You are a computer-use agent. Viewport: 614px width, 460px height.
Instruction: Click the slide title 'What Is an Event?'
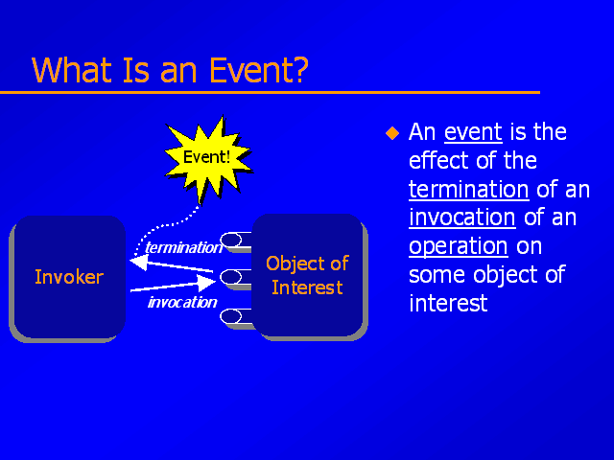tap(170, 70)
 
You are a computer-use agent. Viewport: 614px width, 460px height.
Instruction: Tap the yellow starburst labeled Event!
tap(207, 158)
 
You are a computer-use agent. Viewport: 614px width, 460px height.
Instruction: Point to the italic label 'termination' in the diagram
tap(183, 247)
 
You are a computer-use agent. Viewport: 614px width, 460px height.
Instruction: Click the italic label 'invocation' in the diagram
tap(182, 302)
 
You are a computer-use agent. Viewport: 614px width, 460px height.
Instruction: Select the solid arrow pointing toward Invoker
tap(171, 264)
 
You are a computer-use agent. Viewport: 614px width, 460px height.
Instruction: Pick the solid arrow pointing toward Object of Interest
tap(173, 285)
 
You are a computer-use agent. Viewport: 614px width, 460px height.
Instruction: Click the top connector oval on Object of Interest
tap(231, 240)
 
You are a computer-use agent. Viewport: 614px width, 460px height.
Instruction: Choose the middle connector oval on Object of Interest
tap(231, 277)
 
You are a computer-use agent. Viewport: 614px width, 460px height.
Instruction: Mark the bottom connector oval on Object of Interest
tap(231, 316)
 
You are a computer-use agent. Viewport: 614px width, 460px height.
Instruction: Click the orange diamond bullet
tap(392, 133)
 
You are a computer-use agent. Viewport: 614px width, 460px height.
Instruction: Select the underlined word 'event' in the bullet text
tap(473, 132)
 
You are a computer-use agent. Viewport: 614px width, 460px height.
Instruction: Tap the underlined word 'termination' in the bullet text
tap(469, 190)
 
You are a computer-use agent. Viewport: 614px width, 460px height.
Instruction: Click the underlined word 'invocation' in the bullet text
tap(462, 218)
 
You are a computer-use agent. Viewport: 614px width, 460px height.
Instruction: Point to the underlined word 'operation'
tap(459, 247)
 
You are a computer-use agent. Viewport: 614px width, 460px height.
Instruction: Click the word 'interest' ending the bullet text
tap(448, 303)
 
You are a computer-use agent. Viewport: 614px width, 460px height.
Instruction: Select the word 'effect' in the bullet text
tap(438, 160)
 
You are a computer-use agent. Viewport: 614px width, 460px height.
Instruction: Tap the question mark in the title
tap(300, 70)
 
